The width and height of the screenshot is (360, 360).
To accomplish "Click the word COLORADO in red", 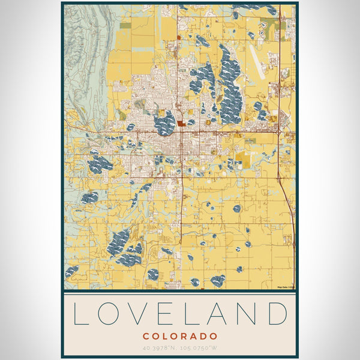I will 179,336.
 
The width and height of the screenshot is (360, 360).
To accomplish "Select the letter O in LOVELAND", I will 109,314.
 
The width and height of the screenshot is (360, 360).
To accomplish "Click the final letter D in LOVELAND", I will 277,314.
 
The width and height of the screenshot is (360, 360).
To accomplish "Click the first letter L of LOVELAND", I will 80,314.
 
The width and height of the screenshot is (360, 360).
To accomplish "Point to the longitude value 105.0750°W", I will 200,347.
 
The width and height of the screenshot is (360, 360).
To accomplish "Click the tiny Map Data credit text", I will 286,287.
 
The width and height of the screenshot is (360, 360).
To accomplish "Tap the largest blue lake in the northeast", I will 229,84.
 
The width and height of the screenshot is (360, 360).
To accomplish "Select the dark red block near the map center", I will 181,124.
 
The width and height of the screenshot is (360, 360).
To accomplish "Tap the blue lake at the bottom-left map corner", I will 71,271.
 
